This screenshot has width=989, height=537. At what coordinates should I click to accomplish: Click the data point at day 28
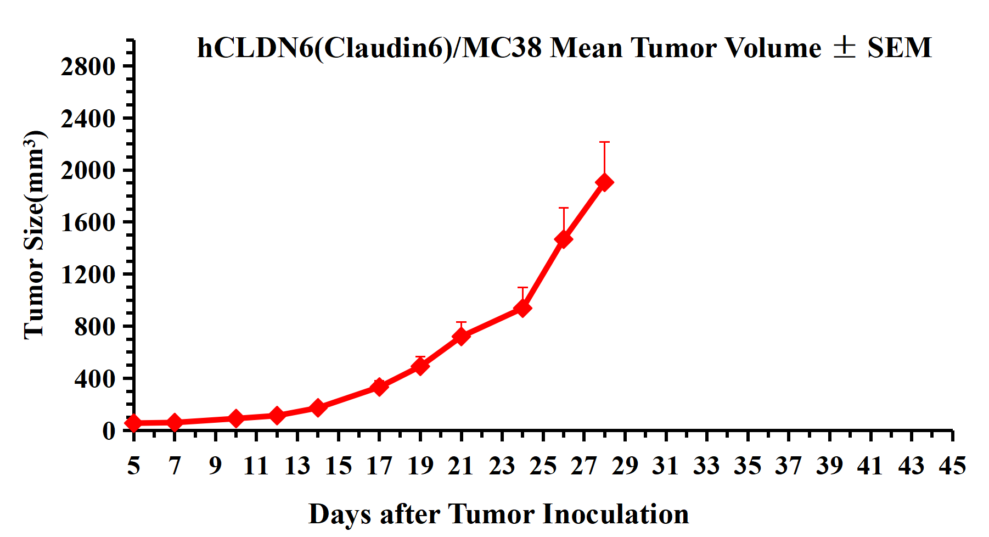pos(604,182)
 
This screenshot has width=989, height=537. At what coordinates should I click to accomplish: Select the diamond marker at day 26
pos(563,239)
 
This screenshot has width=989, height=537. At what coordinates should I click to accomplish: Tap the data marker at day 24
pos(522,308)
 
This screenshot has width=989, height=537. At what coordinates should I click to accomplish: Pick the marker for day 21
pos(461,336)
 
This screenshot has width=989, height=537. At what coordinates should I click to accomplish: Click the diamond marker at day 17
pos(379,387)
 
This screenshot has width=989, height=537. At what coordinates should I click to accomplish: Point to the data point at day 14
pos(318,407)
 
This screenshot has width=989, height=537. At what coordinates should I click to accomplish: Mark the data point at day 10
pos(235,418)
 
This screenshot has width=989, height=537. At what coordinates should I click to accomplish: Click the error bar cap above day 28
pos(604,142)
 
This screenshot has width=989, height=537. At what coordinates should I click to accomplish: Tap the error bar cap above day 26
pos(563,208)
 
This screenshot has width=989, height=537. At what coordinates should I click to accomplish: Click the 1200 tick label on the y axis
pos(88,275)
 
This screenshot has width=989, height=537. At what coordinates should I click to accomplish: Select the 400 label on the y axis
pos(95,379)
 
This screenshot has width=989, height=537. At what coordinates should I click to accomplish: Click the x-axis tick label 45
pos(952,466)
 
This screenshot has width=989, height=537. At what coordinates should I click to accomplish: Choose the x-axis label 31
pos(666,466)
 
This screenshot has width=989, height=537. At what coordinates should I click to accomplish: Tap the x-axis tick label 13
pos(297,466)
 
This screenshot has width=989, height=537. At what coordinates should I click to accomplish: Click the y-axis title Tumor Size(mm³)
pos(34,235)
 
